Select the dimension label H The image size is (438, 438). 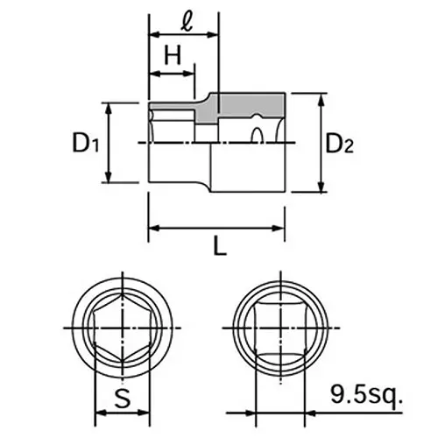172,58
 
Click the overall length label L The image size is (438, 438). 219,248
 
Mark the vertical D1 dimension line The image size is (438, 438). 109,143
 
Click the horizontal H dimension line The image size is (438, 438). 171,75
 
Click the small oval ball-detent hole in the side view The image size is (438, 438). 259,135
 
